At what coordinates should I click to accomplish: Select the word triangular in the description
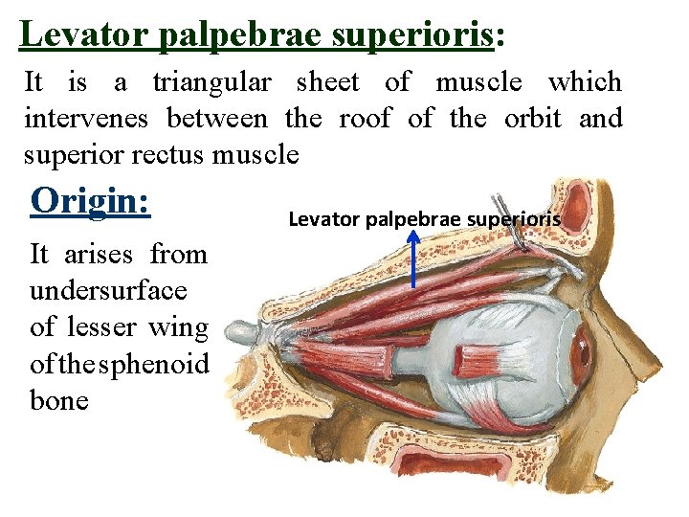coord(211,83)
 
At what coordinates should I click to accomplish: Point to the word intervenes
coord(87,119)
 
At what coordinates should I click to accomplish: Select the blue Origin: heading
coord(91,201)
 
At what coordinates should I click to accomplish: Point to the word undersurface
coord(108,291)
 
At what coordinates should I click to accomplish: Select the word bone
coord(59,400)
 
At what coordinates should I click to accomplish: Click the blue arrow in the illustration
coord(412,258)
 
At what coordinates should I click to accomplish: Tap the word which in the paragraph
coord(584,83)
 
